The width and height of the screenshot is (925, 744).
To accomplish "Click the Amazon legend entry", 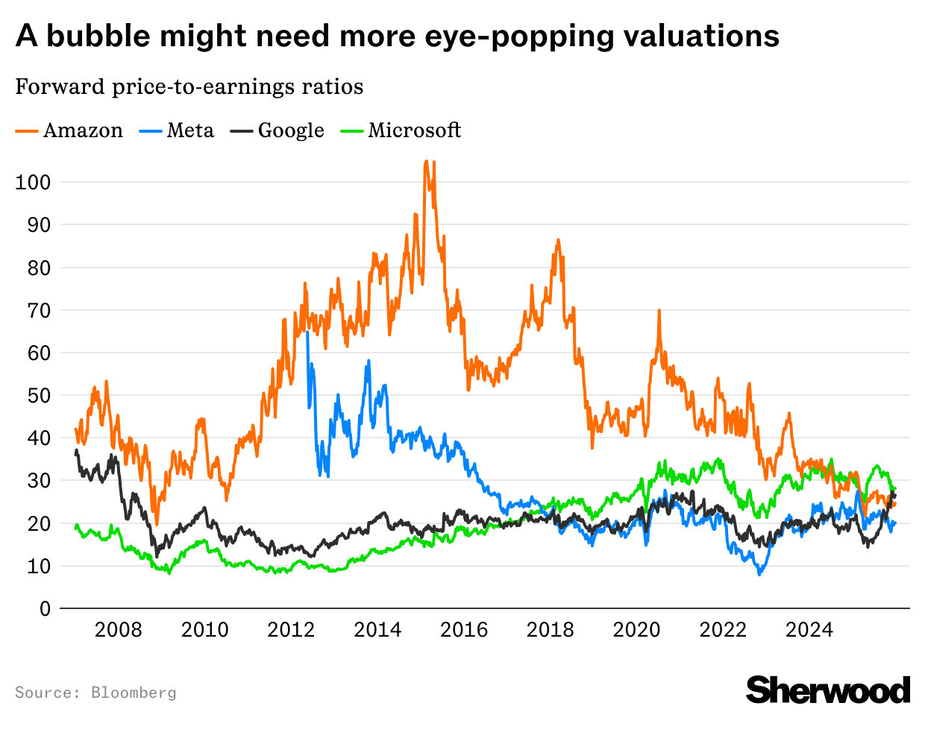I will click(x=69, y=130).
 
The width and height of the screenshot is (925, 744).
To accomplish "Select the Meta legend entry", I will click(x=177, y=130).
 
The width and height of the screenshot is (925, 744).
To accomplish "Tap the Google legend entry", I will click(x=277, y=130).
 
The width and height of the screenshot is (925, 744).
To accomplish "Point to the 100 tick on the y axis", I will click(x=33, y=182).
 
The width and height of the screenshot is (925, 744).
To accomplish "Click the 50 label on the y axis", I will click(x=39, y=395).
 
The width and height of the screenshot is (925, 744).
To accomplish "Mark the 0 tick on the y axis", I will click(x=46, y=609).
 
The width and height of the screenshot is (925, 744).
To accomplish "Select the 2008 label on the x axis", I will click(x=118, y=630).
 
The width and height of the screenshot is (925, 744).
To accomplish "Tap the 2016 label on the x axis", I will click(x=463, y=630).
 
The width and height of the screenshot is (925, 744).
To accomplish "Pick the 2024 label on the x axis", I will click(x=809, y=630).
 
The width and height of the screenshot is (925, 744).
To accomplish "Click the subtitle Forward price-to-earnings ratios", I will click(x=189, y=86).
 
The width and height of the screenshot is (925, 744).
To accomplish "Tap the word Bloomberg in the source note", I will click(x=134, y=693).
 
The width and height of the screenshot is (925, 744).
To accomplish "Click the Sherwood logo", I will click(x=828, y=690).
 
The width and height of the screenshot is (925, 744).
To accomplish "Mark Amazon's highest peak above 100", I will click(x=426, y=161).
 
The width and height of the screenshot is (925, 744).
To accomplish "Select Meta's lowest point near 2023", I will click(x=760, y=574).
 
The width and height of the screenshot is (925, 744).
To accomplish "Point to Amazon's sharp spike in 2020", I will click(x=659, y=310).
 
